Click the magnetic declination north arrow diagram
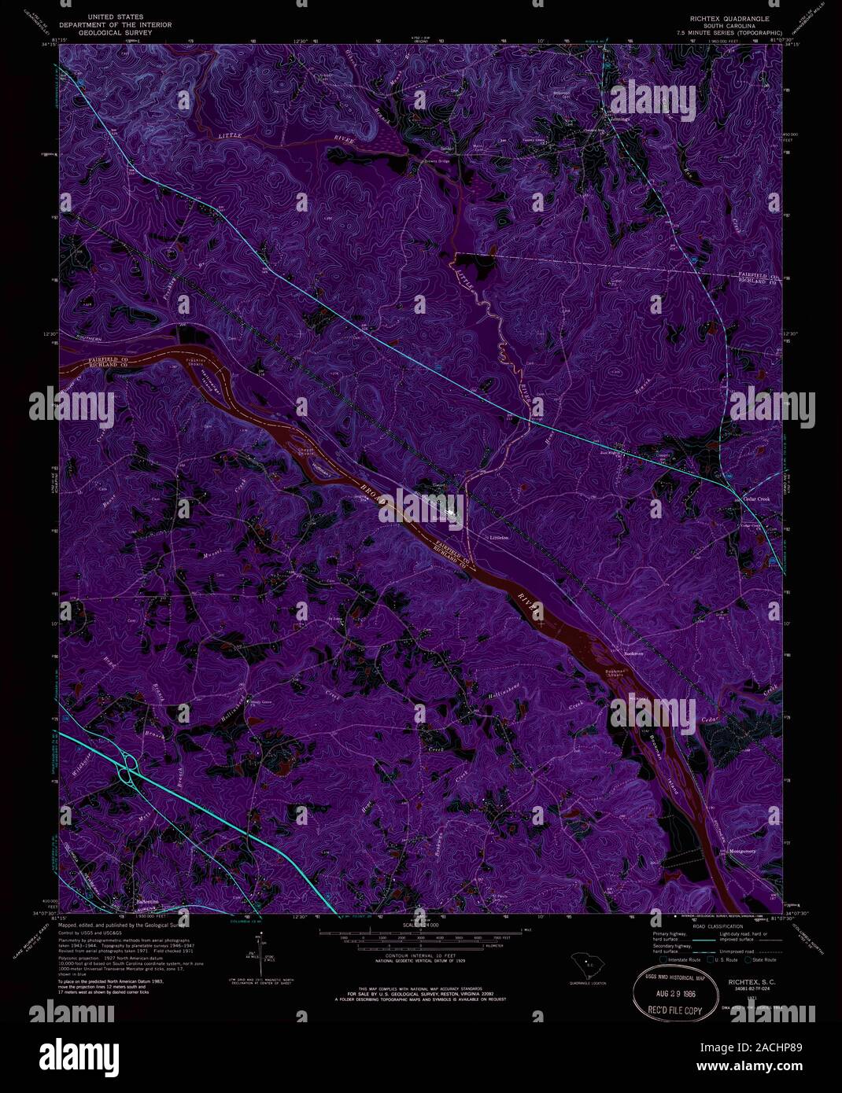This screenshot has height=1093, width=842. [260, 953]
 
